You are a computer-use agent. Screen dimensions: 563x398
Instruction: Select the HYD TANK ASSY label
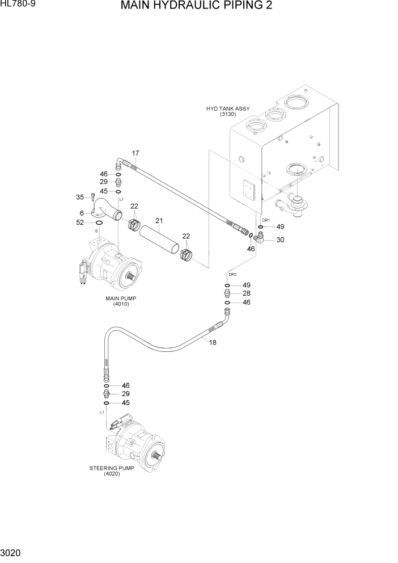point(228,108)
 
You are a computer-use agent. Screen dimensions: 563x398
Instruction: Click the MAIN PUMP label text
point(121,298)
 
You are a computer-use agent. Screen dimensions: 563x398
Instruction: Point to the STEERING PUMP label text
point(111,468)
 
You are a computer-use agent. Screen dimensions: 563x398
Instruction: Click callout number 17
point(136,153)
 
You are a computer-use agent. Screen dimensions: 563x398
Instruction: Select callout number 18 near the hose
point(213,342)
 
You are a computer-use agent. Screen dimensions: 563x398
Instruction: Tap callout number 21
point(159,220)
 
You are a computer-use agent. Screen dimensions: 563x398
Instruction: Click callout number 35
point(79,198)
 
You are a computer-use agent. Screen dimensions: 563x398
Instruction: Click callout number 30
point(280,240)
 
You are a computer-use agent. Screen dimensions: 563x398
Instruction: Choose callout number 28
point(246,293)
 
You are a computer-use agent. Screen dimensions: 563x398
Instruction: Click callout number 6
point(82,213)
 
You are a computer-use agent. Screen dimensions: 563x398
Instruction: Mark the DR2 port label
point(232,274)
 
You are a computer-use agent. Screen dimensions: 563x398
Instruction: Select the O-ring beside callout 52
point(99,223)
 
